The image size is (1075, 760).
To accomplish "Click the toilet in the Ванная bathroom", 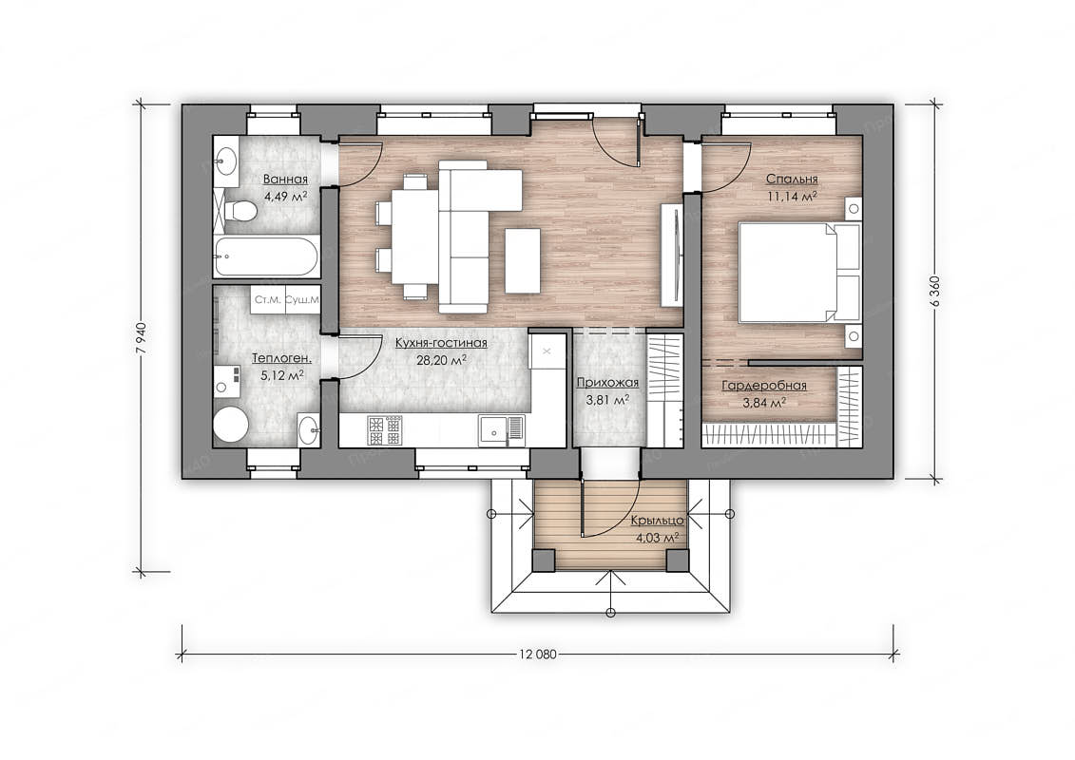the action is coord(237,210).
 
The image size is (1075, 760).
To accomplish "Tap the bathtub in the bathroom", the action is coord(265,256).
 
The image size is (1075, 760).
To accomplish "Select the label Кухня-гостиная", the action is coord(441,343).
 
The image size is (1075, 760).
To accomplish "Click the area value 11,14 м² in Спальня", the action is coord(791,196).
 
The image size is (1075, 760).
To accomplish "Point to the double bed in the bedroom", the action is coord(798,272).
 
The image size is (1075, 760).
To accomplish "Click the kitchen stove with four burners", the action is coord(385,430).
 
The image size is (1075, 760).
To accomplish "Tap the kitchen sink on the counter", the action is coord(501,430).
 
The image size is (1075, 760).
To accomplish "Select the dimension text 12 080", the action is coord(538,654).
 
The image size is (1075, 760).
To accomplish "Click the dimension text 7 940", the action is coord(142,337).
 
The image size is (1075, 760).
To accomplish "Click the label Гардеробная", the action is coord(764,386).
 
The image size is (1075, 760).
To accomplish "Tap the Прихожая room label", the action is coord(607,383).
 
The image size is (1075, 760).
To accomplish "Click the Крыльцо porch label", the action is coord(657,521).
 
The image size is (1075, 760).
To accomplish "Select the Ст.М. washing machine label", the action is coord(267,299).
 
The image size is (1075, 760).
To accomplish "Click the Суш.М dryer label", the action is coord(302,299).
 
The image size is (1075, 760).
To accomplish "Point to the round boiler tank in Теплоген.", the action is coord(230,426).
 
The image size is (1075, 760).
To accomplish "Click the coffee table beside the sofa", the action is coord(523,260).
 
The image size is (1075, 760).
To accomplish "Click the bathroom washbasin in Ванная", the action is coord(225,161).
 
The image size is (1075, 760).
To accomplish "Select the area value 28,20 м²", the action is coord(442,360).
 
